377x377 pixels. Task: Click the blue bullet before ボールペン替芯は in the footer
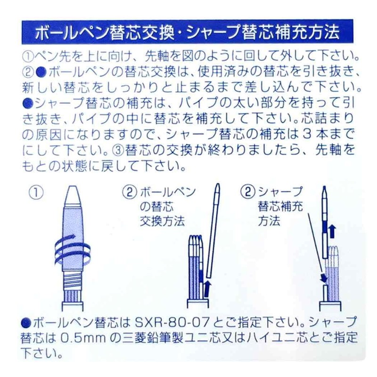(x=26, y=324)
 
